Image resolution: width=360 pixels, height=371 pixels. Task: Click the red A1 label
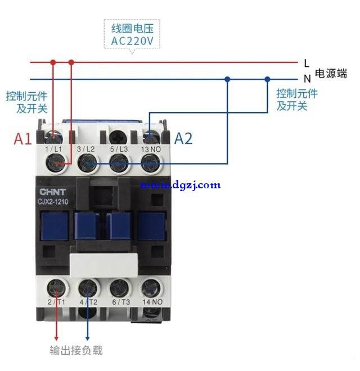tap(22, 139)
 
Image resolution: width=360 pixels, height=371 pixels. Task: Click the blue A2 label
tap(183, 138)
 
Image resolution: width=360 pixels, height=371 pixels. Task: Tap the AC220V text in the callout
tap(132, 41)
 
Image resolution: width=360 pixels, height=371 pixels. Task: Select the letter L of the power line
tap(307, 63)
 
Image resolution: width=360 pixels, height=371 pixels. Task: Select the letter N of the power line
tap(307, 78)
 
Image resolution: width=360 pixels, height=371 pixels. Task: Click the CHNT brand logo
tap(52, 192)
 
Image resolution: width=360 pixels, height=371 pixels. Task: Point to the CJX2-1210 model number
tap(53, 202)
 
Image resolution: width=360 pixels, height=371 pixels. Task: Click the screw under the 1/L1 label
tap(56, 163)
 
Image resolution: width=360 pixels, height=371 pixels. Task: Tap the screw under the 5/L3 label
tap(119, 163)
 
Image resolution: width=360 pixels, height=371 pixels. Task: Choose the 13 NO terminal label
tap(151, 150)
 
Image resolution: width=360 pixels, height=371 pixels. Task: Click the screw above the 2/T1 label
tap(57, 288)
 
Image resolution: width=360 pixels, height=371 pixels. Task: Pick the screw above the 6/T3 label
tap(119, 288)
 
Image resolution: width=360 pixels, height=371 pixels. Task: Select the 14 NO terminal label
tap(152, 302)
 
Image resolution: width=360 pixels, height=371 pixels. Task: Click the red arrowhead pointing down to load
tap(56, 338)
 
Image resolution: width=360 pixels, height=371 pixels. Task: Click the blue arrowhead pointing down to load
tap(87, 338)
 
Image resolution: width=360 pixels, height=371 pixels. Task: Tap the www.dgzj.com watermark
tap(181, 185)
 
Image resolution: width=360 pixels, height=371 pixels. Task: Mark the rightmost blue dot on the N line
tap(267, 79)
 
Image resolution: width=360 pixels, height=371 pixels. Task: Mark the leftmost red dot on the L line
tap(53, 62)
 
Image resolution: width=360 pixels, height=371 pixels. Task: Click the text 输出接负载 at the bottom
tap(76, 350)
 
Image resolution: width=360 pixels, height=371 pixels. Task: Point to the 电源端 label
tap(331, 73)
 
